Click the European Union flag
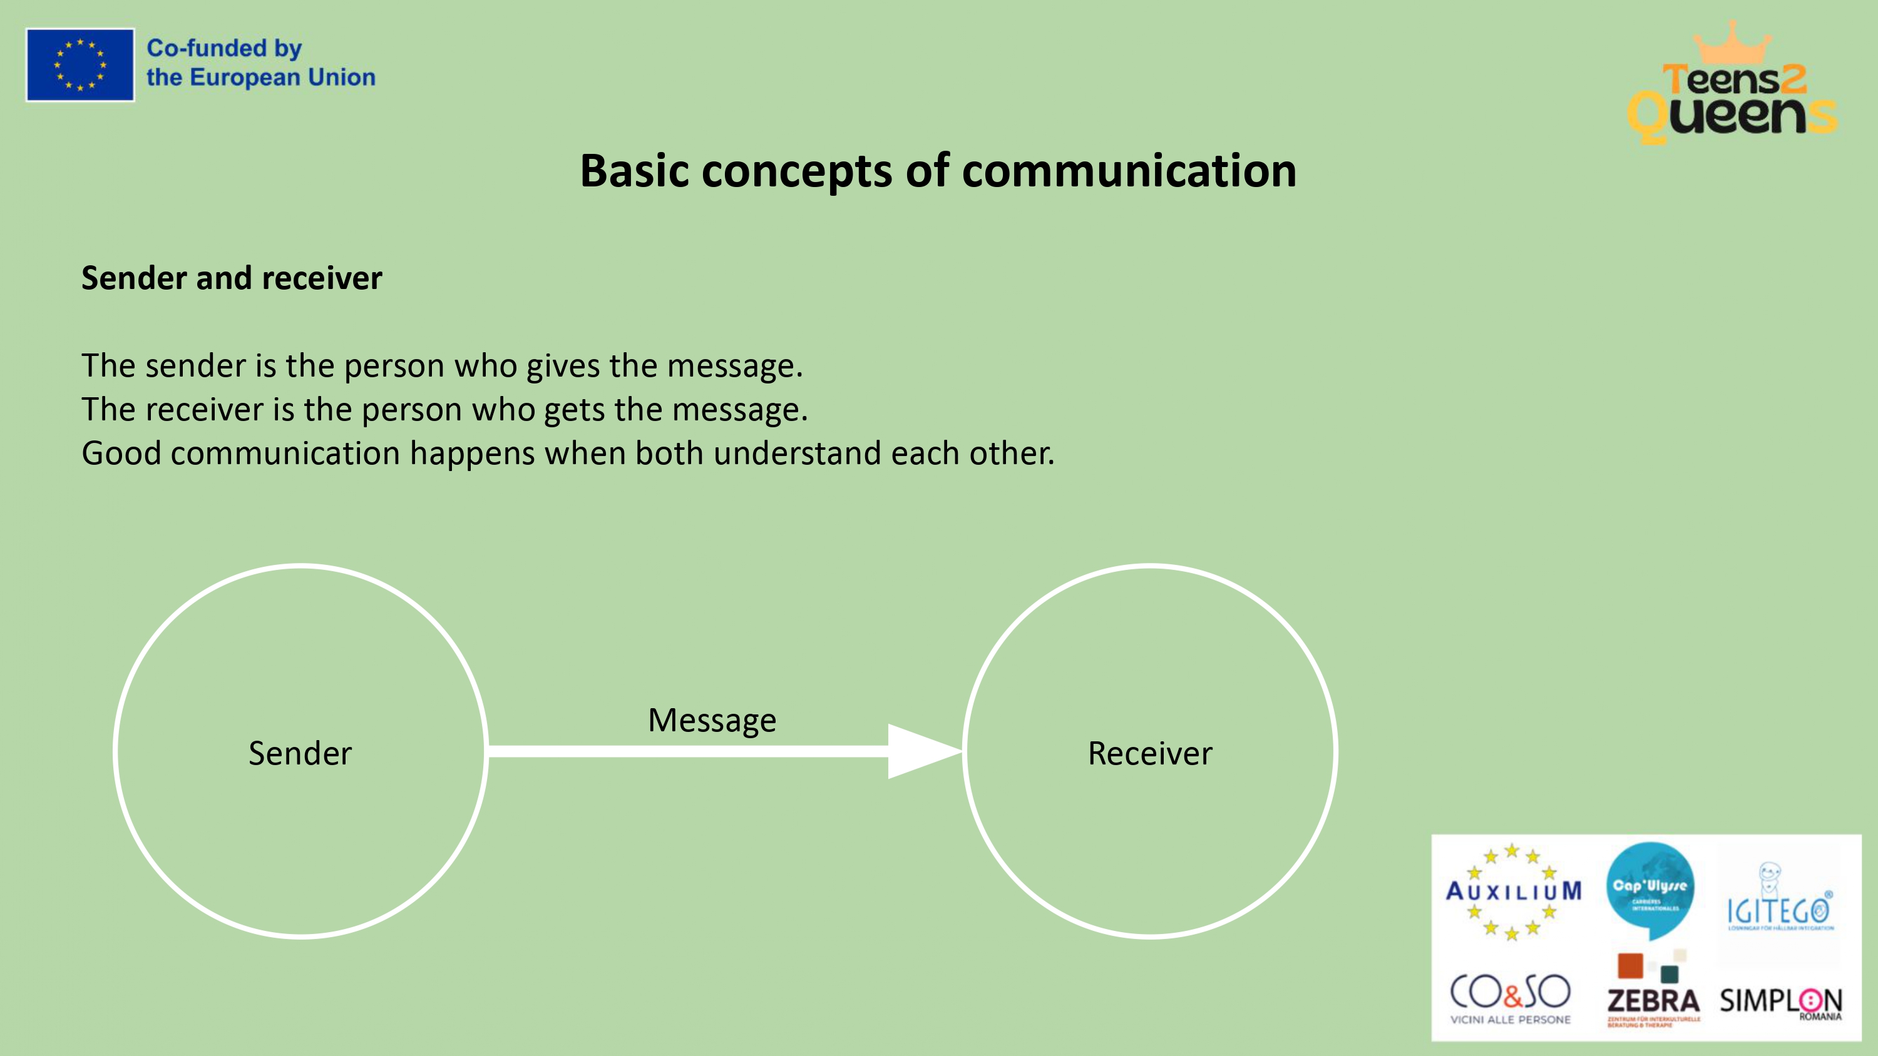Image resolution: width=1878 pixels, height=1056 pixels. [80, 65]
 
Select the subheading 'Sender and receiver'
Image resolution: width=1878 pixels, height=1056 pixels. [231, 278]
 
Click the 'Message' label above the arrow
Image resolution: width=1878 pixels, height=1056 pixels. [712, 721]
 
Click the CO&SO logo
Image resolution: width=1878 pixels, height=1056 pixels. [1510, 997]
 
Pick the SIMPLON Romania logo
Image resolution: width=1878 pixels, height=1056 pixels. [1780, 1003]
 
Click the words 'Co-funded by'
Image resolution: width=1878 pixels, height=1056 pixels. [224, 48]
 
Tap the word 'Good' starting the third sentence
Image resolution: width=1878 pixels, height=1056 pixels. [121, 454]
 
